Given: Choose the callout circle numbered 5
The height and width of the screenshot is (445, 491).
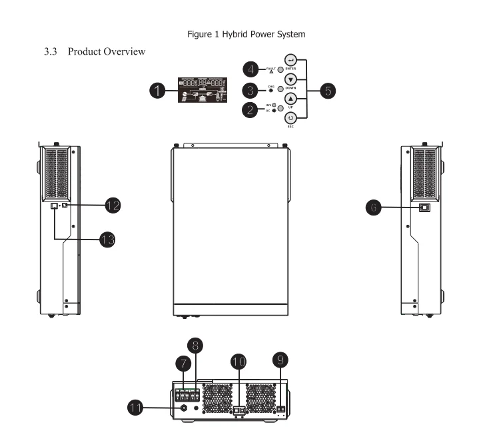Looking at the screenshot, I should [x=328, y=91].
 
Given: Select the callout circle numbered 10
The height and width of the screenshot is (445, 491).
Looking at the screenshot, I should [x=239, y=362].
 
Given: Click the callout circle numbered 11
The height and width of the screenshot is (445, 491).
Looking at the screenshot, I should [x=138, y=407].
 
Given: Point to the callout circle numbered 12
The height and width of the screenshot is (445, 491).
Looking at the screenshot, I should [x=112, y=205].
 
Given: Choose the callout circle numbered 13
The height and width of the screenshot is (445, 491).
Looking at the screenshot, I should [x=105, y=239].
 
